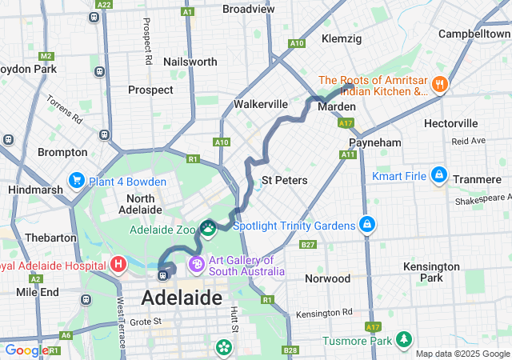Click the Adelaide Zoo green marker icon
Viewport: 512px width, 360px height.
pos(208,229)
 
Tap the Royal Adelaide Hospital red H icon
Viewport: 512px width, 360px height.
pos(118,263)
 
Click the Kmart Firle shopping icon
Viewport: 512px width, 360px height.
pos(438,174)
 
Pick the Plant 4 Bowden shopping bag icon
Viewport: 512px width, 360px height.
pos(77,180)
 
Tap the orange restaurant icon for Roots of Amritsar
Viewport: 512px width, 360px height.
pos(438,84)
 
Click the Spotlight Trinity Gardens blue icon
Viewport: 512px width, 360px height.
pos(366,225)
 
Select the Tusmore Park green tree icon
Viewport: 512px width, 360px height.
pos(403,341)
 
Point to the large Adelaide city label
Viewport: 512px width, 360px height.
pos(181,298)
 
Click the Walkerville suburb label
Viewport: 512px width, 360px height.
pos(260,104)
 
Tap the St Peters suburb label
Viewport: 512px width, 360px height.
pos(284,180)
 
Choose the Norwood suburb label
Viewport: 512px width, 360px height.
pos(327,278)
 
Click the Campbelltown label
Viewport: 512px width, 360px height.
pos(474,34)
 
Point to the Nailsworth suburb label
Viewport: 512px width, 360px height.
pos(190,62)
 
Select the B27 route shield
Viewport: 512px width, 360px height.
pos(308,244)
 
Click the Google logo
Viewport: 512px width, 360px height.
pos(26,350)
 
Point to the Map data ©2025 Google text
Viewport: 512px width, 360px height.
pos(462,354)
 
